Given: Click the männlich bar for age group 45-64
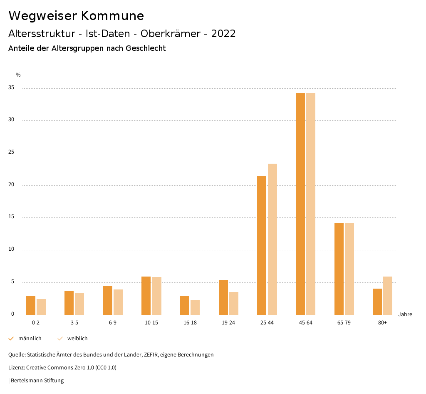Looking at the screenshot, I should [x=300, y=204].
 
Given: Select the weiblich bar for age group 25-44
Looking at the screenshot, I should [x=272, y=239].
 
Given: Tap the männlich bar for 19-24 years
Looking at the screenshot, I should [x=223, y=297].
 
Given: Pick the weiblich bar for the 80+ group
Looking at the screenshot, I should [x=388, y=296].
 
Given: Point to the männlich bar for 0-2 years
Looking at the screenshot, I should [x=31, y=305].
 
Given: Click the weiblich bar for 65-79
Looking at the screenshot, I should [x=349, y=269].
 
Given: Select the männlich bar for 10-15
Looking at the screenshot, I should [x=146, y=296].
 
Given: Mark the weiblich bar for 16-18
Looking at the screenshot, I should [x=195, y=307].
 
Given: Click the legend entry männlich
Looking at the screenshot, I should [x=30, y=339].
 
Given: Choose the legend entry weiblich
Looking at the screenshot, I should [x=77, y=339].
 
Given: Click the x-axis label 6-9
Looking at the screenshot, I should [x=113, y=323].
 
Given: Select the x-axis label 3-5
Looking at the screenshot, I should [x=74, y=323].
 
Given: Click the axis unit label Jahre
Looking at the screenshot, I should [x=405, y=314].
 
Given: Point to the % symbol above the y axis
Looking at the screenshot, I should [x=18, y=75].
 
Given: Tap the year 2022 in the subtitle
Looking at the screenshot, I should [x=223, y=34].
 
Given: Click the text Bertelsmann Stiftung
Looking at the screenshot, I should [x=37, y=381].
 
